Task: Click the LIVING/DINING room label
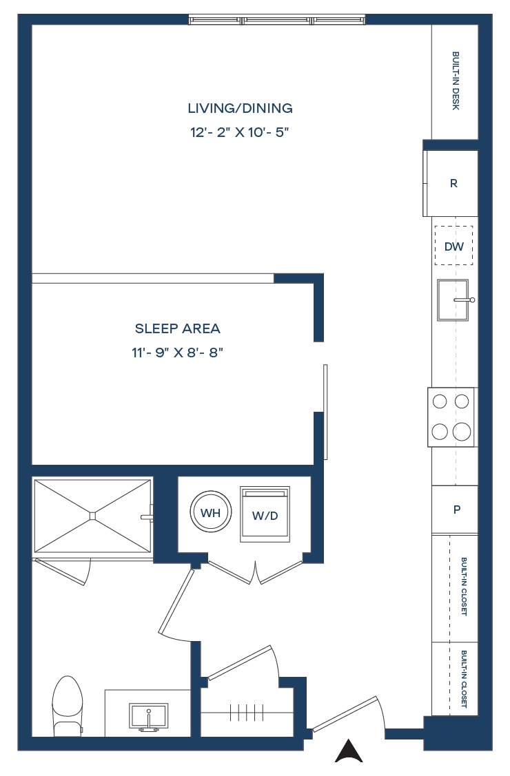240,108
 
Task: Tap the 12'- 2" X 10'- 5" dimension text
240,132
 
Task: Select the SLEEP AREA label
178,328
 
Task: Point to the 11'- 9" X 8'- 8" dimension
177,353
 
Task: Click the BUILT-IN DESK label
456,81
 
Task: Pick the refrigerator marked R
451,183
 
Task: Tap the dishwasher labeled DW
454,246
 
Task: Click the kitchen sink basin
453,300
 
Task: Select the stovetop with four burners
451,417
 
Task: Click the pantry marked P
455,510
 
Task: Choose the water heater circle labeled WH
210,512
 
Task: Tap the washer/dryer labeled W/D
265,514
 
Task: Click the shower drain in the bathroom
92,516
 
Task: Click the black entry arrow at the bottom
349,751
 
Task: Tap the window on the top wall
277,20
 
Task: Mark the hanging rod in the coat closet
247,713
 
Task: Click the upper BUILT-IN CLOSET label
464,587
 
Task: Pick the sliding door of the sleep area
325,412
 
